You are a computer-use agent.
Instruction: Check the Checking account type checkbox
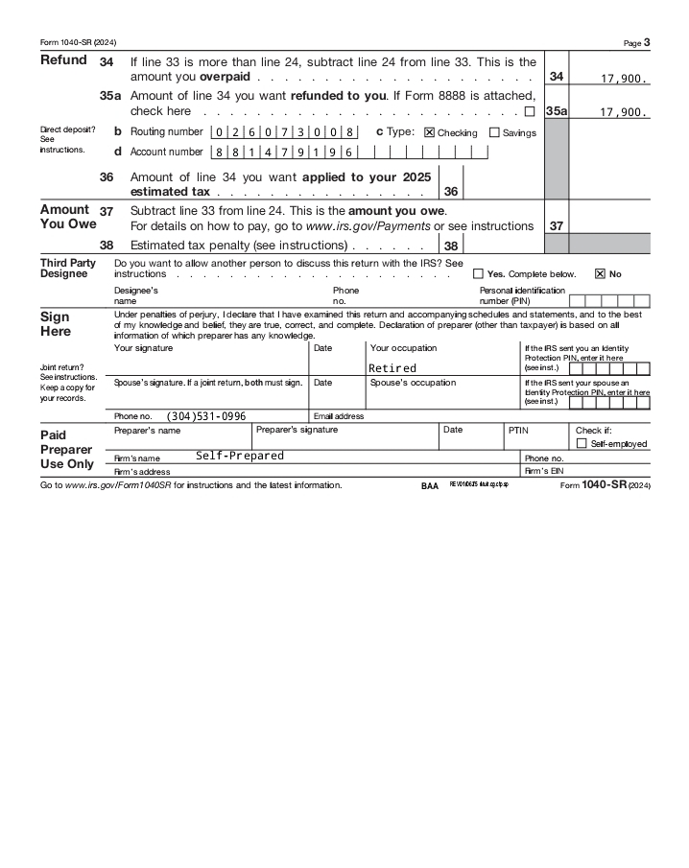429,132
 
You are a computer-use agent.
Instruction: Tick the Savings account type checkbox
494,132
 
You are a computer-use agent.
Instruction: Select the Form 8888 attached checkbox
530,111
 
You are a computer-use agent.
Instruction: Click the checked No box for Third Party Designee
601,273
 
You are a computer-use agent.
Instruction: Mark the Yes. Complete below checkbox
479,273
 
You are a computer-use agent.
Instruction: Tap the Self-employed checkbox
582,443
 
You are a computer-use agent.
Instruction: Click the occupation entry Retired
392,368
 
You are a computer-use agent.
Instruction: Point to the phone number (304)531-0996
206,416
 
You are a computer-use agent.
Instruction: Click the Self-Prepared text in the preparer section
240,457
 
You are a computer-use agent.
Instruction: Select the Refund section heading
63,60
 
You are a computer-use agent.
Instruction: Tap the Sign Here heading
56,323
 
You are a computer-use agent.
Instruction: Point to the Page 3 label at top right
636,42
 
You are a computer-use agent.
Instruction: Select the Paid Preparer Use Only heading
67,449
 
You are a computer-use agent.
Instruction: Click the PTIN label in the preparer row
517,431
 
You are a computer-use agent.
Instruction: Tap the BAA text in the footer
429,485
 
